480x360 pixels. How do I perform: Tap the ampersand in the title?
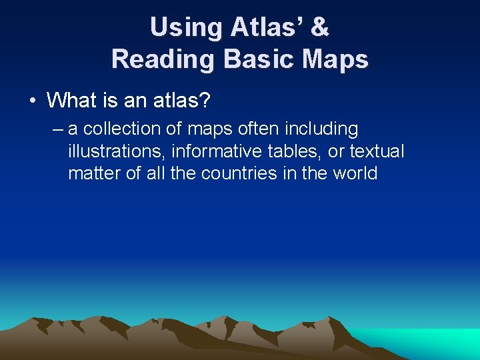[x=320, y=27]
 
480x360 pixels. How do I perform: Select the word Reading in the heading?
[x=163, y=59]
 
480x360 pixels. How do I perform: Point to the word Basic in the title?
[x=260, y=59]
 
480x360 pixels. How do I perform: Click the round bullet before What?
[x=32, y=101]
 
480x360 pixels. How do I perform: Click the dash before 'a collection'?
[x=58, y=129]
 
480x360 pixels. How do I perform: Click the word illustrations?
[x=117, y=151]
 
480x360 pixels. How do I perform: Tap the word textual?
[x=377, y=151]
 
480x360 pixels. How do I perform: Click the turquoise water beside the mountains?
[x=427, y=341]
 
